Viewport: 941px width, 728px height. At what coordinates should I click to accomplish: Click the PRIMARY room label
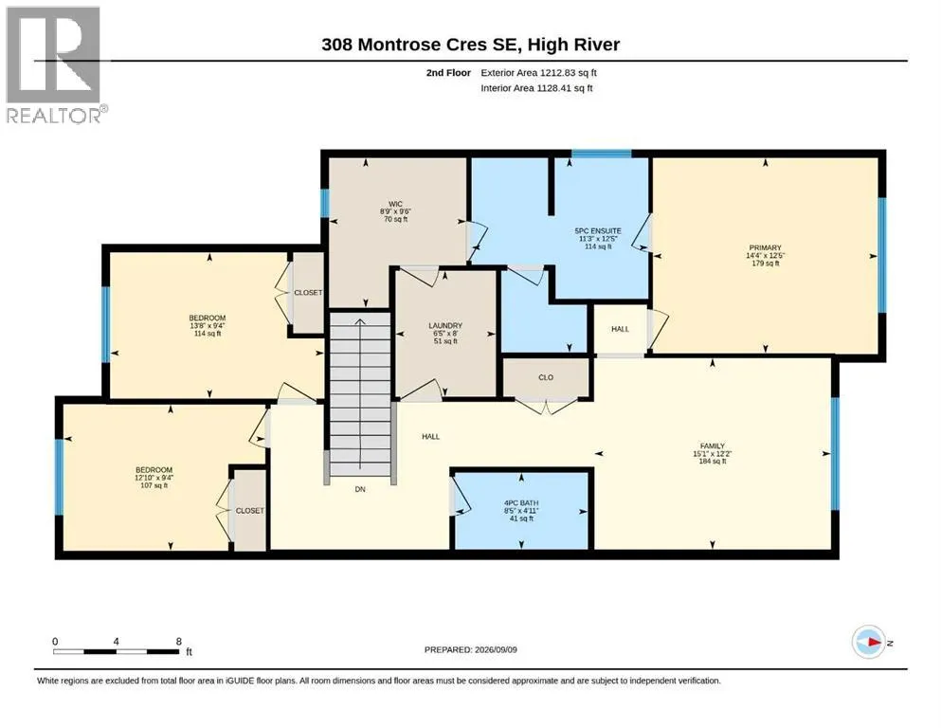[x=765, y=247]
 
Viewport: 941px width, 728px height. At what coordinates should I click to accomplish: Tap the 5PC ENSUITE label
[x=598, y=231]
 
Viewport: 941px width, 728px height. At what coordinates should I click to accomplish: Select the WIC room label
[x=395, y=204]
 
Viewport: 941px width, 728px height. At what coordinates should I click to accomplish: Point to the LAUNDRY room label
[x=445, y=325]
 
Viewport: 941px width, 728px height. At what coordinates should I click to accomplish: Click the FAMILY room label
[x=713, y=446]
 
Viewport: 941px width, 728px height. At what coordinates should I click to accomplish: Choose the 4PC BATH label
[x=521, y=503]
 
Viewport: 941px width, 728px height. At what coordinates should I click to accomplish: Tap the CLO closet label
[x=546, y=377]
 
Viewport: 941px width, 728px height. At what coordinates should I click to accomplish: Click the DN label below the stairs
[x=360, y=489]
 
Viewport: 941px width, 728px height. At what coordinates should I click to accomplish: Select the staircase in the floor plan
[x=360, y=395]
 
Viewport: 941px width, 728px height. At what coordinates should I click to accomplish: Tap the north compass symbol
[x=869, y=642]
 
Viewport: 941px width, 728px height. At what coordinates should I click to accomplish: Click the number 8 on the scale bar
[x=179, y=641]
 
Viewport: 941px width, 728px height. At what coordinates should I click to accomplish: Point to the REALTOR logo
[x=56, y=64]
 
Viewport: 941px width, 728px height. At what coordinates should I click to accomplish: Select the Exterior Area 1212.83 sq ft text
[x=538, y=73]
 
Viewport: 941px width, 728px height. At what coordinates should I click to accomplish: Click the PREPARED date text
[x=470, y=649]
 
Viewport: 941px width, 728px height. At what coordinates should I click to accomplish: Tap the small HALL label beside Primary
[x=620, y=329]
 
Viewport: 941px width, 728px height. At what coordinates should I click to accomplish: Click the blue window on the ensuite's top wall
[x=601, y=154]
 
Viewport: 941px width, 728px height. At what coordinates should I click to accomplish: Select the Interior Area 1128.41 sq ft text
[x=536, y=88]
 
